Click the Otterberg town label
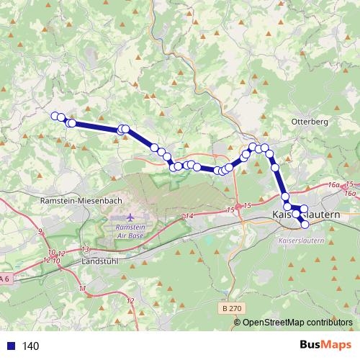tap(309, 122)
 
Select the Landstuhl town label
tap(96, 263)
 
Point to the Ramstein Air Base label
tap(130, 230)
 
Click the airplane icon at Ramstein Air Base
tap(130, 217)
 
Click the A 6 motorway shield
tap(5, 279)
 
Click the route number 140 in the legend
tap(31, 346)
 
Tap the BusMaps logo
tap(323, 346)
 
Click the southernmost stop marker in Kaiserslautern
tap(305, 224)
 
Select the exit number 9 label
tap(40, 231)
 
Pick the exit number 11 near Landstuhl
tap(82, 288)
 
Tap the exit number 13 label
tap(85, 249)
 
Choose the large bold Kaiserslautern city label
tap(301, 215)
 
